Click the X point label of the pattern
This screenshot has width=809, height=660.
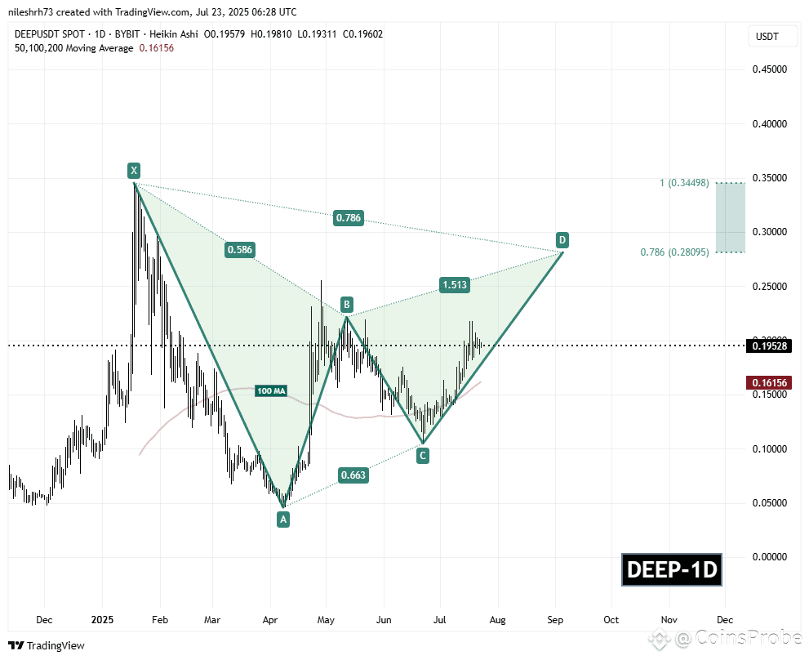pos(134,171)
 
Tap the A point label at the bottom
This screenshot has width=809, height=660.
pos(282,519)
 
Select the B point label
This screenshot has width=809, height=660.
pos(347,304)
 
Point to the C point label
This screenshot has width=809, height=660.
pos(423,456)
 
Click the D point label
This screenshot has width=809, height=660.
pos(562,239)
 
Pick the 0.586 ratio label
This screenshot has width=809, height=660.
pos(240,250)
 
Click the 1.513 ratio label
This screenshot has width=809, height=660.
pos(455,284)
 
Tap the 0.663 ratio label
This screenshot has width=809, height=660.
pos(353,475)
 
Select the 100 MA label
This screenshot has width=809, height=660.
pos(271,391)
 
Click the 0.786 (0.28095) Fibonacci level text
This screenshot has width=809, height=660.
pos(674,252)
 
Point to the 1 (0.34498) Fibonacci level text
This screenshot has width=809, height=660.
pos(684,183)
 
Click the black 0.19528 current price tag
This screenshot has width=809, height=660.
pos(769,346)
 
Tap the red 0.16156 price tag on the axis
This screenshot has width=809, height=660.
pos(769,382)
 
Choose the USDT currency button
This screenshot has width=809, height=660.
pos(767,37)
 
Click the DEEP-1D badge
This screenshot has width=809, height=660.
pos(672,569)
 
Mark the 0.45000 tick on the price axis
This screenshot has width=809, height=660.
pos(770,69)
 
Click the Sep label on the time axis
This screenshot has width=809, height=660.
pos(555,620)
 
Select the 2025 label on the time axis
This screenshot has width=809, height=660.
pos(102,620)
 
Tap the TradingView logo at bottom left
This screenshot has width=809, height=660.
pos(47,645)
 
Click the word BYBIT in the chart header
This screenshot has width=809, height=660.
pos(127,34)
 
